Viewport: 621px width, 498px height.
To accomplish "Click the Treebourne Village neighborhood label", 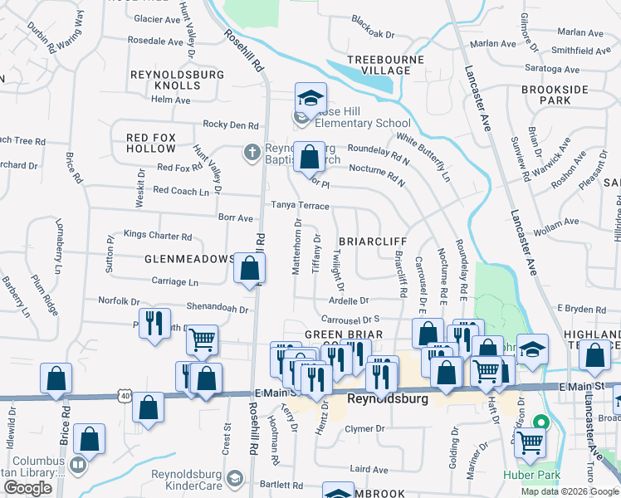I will [379, 65].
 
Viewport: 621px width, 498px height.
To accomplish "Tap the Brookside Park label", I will [555, 95].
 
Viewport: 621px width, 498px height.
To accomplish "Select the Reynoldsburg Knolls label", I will [178, 80].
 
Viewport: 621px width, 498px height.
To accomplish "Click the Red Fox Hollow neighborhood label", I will [151, 143].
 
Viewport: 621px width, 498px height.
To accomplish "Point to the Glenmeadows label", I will [189, 259].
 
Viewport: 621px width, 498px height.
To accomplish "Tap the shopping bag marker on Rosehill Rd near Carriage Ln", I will [249, 268].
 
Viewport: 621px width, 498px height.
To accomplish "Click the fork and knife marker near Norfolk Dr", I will [154, 324].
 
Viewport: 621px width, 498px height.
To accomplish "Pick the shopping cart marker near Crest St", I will [202, 339].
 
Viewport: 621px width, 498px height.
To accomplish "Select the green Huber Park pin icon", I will [544, 422].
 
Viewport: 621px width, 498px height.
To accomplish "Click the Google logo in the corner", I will [28, 488].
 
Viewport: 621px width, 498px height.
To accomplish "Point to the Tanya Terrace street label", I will [300, 206].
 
